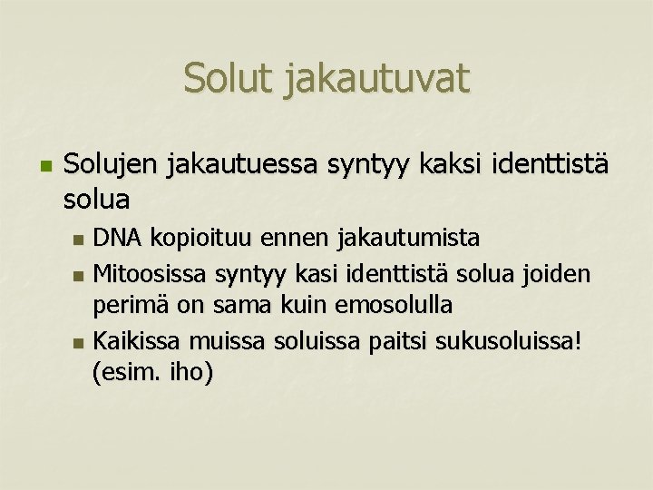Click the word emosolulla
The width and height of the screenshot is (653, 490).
point(394,305)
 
